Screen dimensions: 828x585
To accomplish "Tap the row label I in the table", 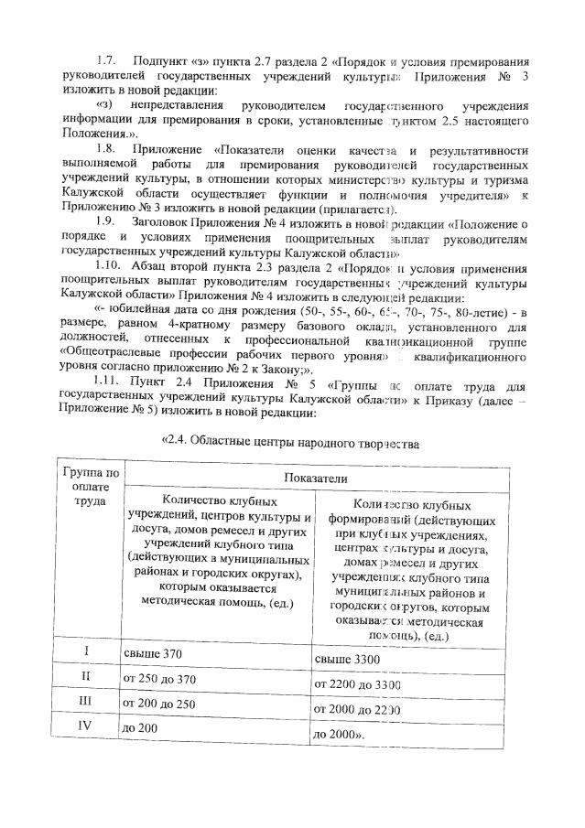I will click(87, 652).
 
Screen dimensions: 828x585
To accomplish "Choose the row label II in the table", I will click(87, 678).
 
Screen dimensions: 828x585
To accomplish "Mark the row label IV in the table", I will click(87, 729).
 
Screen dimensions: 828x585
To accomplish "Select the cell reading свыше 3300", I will click(348, 659).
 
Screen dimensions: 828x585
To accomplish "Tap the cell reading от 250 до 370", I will click(162, 680).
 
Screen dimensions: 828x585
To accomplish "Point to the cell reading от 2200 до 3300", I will click(358, 683).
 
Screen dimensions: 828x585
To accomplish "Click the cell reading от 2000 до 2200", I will click(358, 708).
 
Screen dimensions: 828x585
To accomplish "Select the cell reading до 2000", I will click(341, 734).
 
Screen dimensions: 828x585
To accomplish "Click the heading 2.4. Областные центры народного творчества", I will click(290, 446).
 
